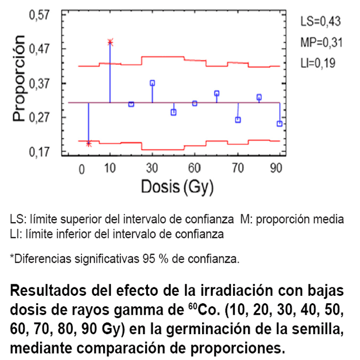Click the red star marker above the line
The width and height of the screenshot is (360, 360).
(x=110, y=42)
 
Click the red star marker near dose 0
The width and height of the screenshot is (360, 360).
(x=88, y=144)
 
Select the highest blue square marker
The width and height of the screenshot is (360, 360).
(x=152, y=83)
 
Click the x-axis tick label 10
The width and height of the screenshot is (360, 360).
(x=110, y=169)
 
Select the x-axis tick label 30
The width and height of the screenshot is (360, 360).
(x=152, y=169)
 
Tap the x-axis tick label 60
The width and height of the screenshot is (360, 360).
(x=195, y=169)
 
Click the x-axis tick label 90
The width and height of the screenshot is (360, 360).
(x=276, y=169)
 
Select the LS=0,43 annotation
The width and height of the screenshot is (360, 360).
(x=321, y=22)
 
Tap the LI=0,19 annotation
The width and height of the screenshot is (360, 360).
(x=318, y=63)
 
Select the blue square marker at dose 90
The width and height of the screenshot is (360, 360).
(x=279, y=124)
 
